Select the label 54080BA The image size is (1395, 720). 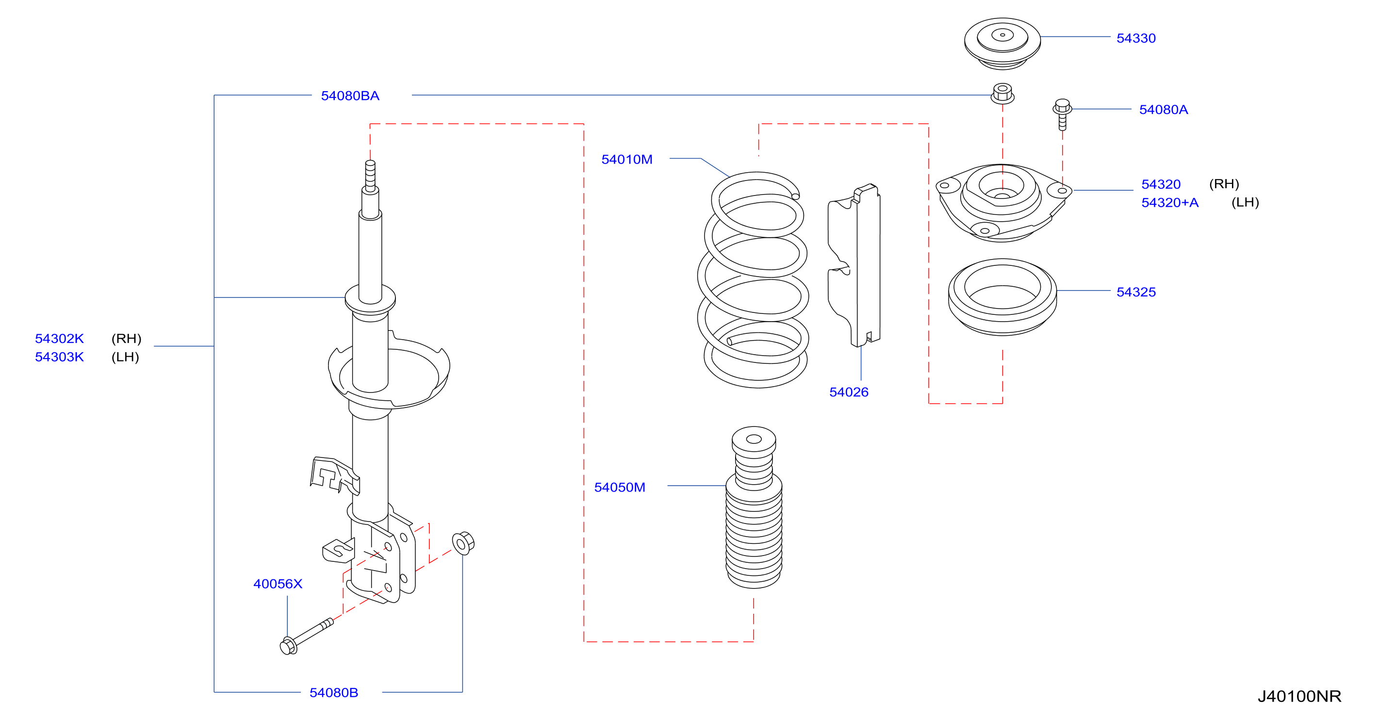[350, 96]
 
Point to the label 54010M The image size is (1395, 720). [626, 160]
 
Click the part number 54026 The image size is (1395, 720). [849, 393]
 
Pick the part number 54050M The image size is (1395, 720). [620, 488]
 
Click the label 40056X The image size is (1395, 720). [278, 584]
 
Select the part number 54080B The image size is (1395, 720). [334, 693]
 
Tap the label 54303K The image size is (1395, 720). [60, 357]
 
